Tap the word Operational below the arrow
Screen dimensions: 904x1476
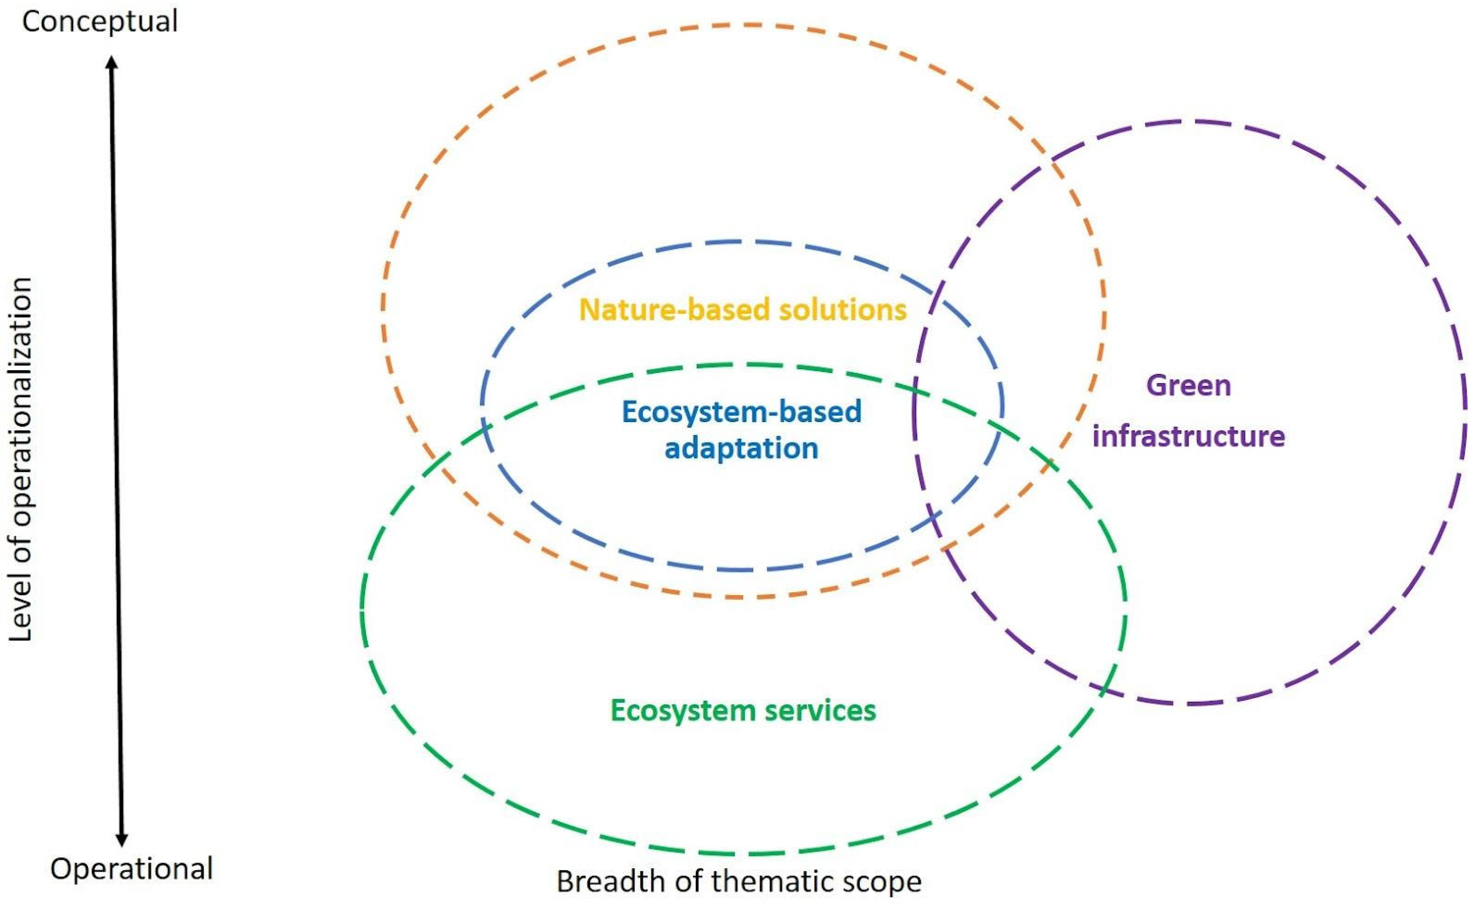point(132,869)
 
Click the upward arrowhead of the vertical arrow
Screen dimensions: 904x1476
point(111,62)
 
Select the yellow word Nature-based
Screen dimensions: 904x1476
point(674,310)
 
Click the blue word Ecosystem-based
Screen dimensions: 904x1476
point(742,412)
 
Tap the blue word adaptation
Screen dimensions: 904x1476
point(742,448)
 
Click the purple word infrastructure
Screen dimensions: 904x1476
point(1188,436)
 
